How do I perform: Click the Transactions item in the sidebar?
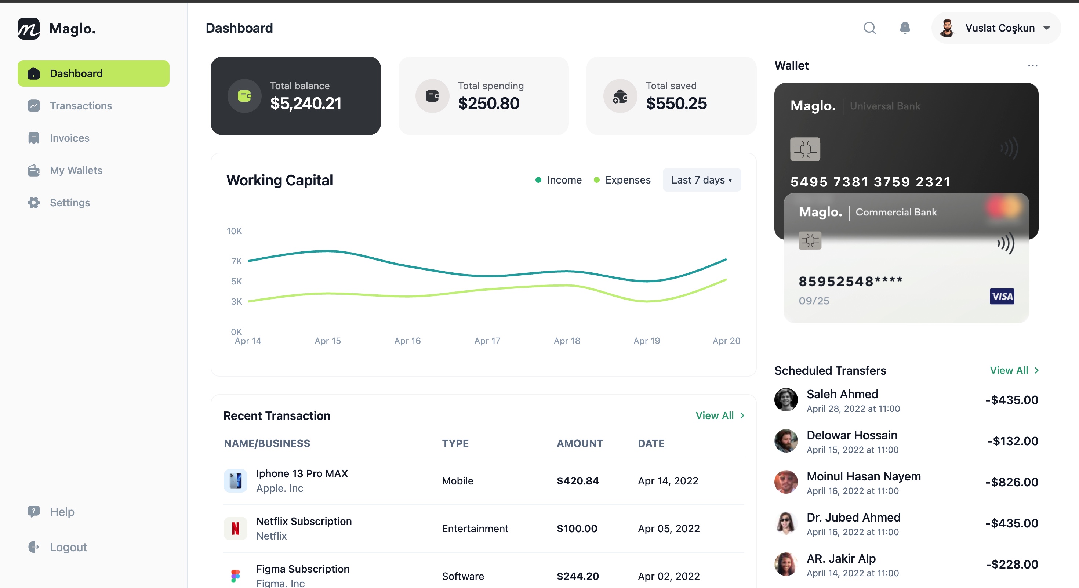tap(80, 106)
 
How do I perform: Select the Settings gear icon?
tap(34, 203)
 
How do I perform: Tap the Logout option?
tap(68, 547)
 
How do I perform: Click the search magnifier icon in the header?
tap(869, 28)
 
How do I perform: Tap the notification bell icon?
tap(905, 28)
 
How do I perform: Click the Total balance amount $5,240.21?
tap(305, 104)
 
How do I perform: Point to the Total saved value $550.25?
tap(676, 104)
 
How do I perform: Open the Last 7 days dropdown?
tap(701, 180)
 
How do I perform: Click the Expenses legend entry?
tap(622, 180)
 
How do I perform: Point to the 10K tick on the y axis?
tap(234, 231)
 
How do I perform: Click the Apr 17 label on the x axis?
tap(487, 341)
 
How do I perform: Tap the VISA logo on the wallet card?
tap(1002, 297)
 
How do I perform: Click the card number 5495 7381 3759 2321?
tap(870, 182)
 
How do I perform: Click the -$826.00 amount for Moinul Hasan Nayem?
tap(1011, 482)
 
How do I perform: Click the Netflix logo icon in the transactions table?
tap(235, 529)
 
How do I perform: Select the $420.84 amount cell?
tap(578, 481)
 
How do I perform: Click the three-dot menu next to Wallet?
tap(1032, 66)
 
